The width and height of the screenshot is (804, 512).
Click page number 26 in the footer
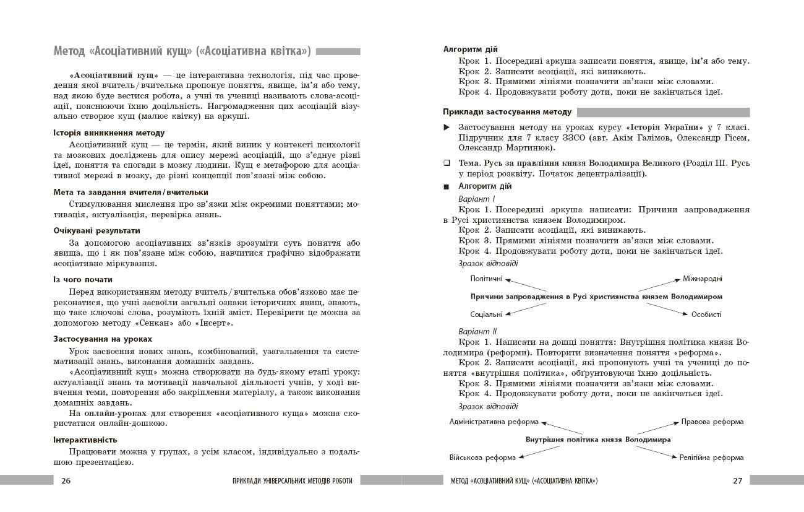tap(66, 480)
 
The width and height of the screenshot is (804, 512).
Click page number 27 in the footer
tap(737, 480)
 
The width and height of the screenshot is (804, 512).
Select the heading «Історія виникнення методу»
tap(109, 132)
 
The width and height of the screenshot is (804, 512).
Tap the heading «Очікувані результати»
tap(96, 230)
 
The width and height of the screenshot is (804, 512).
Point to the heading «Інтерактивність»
tap(85, 440)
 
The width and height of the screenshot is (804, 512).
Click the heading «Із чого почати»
tap(83, 279)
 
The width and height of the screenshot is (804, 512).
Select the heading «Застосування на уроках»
tap(103, 339)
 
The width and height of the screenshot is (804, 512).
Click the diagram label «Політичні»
tap(486, 279)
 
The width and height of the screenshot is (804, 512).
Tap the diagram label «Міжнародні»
tap(702, 279)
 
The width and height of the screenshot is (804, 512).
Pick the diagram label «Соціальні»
tap(486, 315)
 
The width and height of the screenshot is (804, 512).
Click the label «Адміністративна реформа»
tap(494, 422)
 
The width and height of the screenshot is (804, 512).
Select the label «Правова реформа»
tap(712, 422)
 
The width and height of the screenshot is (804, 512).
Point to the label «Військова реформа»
tap(482, 458)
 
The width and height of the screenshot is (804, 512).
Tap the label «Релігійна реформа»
tap(711, 458)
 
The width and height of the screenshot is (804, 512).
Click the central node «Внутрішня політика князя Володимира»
tap(598, 440)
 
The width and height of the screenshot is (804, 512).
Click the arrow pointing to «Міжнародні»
tap(659, 285)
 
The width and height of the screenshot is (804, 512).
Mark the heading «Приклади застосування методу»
tap(507, 112)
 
